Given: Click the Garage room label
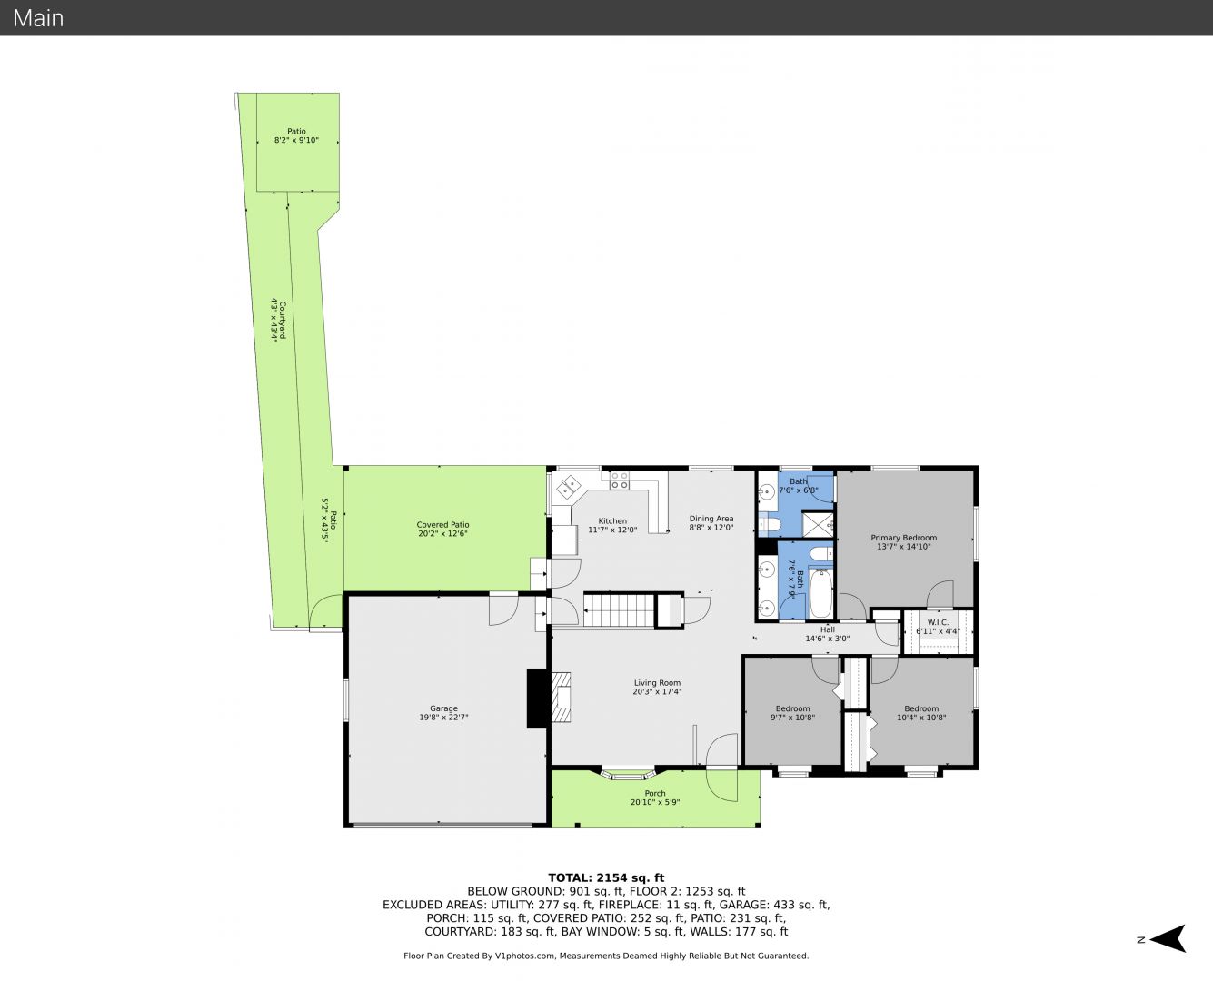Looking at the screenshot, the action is pos(443,708).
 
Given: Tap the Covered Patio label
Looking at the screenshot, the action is pos(442,524).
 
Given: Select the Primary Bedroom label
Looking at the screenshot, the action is pos(904,538).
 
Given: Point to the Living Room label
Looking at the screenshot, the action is pos(657,683).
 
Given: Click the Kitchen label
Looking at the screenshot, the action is pos(612,521).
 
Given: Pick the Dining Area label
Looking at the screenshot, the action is pos(711,519).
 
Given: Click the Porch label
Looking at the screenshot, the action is pos(655,793).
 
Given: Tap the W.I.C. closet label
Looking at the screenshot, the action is pos(938,622).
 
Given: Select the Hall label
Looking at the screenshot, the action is pos(828,629).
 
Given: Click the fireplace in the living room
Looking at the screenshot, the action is pos(561,698).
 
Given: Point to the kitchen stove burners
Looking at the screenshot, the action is pos(620,481).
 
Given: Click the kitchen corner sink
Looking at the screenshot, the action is pos(569,488).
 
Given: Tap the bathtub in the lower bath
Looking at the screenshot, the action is pos(820,593).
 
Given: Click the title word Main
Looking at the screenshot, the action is pos(38,18).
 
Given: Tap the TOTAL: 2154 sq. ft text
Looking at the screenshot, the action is pos(606,878).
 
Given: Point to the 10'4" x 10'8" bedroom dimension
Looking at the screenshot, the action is pos(921,718).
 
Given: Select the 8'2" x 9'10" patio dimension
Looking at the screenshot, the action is pos(296,140).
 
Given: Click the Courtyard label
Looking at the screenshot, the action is pos(283,320).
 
